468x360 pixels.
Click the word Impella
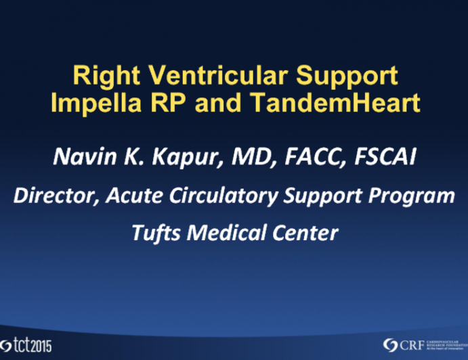[x=84, y=104]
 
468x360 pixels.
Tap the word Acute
[x=130, y=198]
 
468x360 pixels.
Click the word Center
[x=304, y=233]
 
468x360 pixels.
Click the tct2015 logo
[x=27, y=343]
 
